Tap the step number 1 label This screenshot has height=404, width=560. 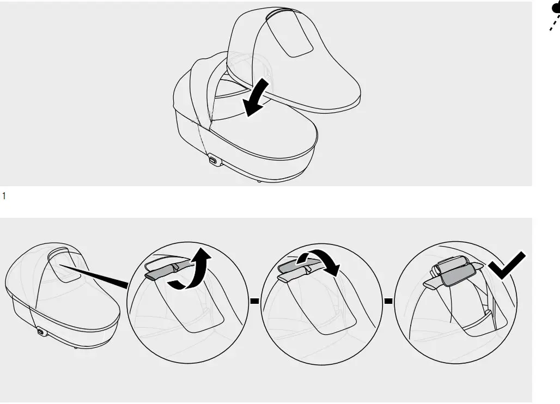(4, 194)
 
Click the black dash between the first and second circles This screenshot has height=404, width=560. (254, 300)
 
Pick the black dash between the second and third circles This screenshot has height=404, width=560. (388, 300)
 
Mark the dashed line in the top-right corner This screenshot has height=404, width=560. (553, 25)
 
